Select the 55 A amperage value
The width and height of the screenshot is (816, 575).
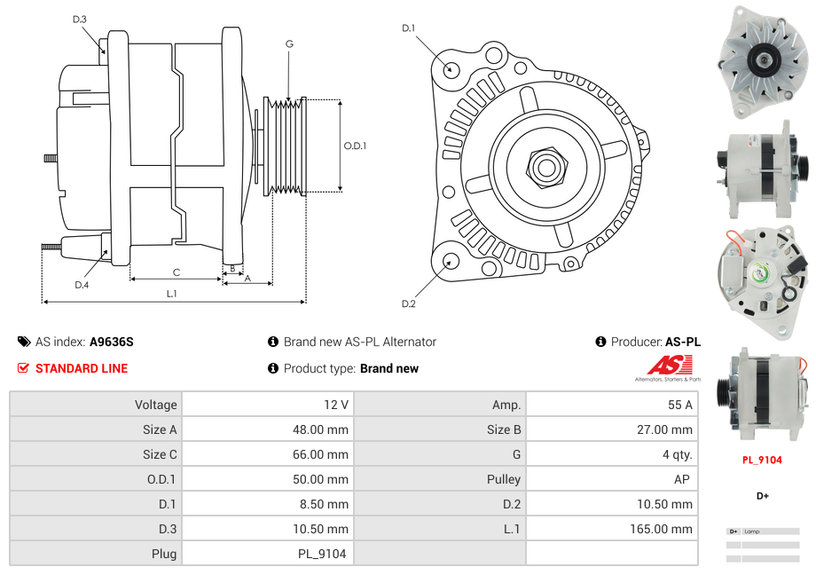679,405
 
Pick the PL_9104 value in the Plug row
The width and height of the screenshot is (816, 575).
323,554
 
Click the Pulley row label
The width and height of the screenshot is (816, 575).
504,479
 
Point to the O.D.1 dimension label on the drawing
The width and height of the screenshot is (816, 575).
355,146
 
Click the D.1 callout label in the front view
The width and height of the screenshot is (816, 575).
408,28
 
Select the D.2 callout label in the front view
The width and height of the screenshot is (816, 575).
408,303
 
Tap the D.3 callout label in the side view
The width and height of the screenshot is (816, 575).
79,19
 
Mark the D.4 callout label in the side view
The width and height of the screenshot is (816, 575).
82,285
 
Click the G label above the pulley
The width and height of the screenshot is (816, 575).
289,43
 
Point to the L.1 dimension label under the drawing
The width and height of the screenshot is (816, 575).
171,294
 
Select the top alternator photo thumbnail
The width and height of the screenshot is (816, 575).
762,61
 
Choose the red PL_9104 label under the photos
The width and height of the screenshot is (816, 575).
762,461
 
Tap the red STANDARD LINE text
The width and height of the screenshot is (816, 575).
82,368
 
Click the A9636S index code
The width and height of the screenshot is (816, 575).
111,342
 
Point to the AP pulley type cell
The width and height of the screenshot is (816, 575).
683,479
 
